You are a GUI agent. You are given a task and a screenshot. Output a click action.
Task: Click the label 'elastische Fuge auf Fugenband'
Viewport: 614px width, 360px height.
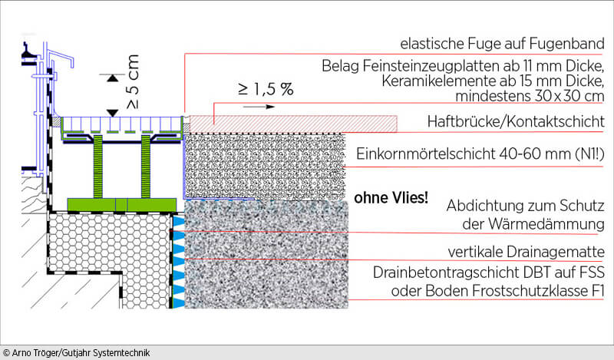click(x=502, y=44)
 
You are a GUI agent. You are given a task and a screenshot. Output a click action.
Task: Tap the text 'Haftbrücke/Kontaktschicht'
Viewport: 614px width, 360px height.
click(x=516, y=121)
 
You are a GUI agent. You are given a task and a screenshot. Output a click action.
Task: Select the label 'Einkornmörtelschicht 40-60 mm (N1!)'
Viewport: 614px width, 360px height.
click(x=480, y=154)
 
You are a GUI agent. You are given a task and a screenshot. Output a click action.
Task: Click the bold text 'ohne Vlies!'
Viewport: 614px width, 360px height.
click(x=391, y=198)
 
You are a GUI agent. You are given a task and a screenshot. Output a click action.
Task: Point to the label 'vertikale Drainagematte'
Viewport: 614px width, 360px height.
click(x=526, y=252)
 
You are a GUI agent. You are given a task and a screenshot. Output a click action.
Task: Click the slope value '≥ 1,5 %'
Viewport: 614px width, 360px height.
click(x=266, y=89)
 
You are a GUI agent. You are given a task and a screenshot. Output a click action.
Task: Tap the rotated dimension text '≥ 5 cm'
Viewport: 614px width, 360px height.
click(x=133, y=82)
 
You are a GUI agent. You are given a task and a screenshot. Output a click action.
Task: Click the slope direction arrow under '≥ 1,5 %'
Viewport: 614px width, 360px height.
click(x=259, y=107)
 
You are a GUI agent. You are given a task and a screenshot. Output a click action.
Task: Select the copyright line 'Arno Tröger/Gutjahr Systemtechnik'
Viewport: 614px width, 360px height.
click(x=77, y=353)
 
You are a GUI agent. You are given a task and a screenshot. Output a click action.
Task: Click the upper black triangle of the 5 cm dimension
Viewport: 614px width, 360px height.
click(x=113, y=78)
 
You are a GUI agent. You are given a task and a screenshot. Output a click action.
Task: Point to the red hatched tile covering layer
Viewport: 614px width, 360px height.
click(x=294, y=124)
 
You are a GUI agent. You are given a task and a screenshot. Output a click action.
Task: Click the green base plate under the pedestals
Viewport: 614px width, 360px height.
click(x=122, y=204)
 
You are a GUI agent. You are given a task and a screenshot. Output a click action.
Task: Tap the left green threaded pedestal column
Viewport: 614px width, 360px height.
click(x=98, y=167)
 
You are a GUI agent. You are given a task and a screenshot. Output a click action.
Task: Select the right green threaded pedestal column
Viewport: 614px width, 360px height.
click(x=146, y=167)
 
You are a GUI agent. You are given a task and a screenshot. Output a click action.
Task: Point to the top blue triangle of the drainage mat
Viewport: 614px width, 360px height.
click(x=179, y=221)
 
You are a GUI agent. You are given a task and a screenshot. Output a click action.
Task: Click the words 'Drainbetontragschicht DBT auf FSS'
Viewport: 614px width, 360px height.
click(x=489, y=272)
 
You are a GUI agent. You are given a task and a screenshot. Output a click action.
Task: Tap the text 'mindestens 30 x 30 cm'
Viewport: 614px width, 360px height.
click(x=530, y=96)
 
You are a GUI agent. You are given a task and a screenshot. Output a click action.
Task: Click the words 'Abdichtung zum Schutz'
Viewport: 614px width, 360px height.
click(x=526, y=206)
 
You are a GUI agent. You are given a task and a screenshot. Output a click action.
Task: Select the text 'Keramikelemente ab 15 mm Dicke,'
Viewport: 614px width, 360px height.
click(x=493, y=81)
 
